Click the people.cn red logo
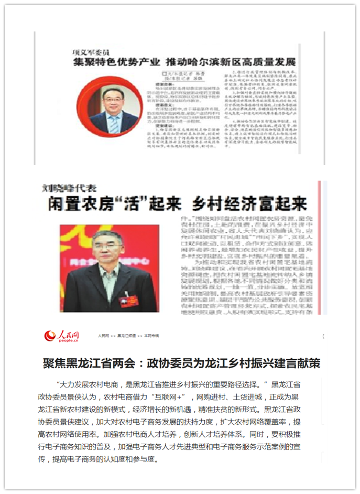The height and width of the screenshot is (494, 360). click(x=61, y=335)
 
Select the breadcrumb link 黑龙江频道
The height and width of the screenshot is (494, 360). click(x=126, y=335)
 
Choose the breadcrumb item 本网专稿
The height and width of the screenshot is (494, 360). click(x=152, y=335)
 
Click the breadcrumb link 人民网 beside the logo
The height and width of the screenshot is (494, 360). click(x=103, y=335)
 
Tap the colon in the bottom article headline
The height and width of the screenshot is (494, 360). click(x=142, y=363)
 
